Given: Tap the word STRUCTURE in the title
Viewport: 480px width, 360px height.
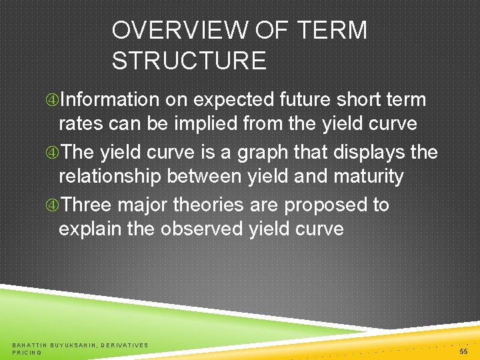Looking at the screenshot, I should pyautogui.click(x=189, y=61).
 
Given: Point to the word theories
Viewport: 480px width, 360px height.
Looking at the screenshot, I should pyautogui.click(x=201, y=205).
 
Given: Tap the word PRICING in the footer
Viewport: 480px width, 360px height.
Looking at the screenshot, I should pyautogui.click(x=27, y=352).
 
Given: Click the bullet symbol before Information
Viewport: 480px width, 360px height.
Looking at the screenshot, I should pyautogui.click(x=52, y=101).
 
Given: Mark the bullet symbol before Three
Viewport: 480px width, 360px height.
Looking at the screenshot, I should pyautogui.click(x=52, y=205).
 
